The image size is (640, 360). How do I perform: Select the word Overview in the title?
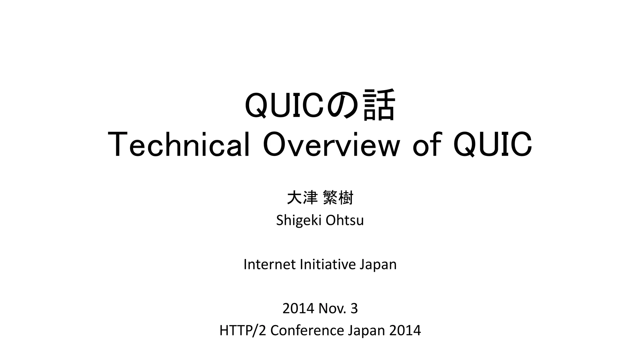point(331,145)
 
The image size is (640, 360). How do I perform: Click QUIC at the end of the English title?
point(493,145)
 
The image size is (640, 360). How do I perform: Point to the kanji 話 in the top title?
point(379,105)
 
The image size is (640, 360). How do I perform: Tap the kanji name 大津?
point(302,198)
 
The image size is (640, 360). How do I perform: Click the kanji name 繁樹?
point(338,198)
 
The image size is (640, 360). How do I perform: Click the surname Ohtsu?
point(345,220)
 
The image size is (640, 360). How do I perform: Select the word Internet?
point(269,264)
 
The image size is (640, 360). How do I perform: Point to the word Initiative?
point(327,264)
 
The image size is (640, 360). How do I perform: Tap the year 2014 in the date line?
point(298,309)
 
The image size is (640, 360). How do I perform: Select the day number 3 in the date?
point(354,309)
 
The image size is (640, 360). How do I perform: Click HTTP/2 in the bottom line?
point(242,331)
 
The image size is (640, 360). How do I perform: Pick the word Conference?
point(307,331)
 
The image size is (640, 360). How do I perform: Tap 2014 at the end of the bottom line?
point(405,331)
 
